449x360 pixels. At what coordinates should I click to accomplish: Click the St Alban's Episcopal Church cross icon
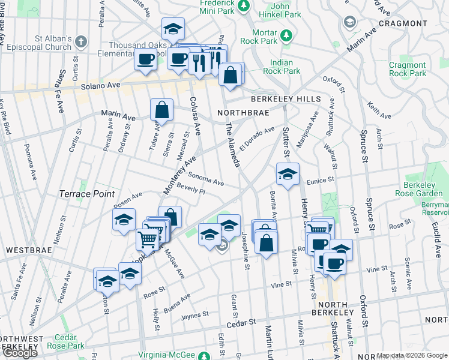(x=81, y=42)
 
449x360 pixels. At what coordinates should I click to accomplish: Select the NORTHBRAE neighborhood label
(x=240, y=112)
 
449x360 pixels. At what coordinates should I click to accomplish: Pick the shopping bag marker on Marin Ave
(x=161, y=110)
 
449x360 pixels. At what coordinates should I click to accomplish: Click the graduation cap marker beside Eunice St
(x=288, y=175)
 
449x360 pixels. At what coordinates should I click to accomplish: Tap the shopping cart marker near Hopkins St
(x=148, y=239)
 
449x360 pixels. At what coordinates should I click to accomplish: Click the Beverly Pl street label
(x=191, y=190)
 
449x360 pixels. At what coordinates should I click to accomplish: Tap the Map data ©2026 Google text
(x=412, y=356)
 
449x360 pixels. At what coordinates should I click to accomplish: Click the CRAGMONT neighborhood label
(x=402, y=23)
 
